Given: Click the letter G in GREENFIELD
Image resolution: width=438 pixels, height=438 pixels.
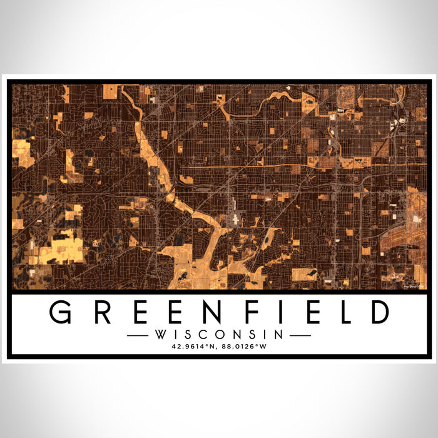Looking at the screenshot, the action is click(61, 312).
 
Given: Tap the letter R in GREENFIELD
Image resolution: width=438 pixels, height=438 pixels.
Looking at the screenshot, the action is click(98, 312).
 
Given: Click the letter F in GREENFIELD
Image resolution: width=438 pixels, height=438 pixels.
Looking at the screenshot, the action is click(245, 312).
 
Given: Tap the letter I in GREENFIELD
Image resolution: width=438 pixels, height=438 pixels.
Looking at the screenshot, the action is click(273, 312).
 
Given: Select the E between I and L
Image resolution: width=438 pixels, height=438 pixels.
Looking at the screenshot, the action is click(302, 312).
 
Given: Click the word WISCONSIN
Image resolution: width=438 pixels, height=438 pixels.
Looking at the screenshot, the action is click(219, 335).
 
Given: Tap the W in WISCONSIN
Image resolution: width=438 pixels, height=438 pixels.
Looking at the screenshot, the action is click(161, 335).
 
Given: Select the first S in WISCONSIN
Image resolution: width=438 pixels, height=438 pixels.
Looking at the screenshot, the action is click(186, 335).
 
